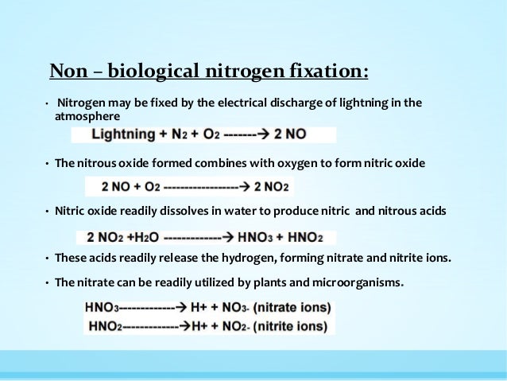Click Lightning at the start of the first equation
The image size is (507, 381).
[122, 134]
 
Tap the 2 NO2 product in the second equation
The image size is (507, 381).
[272, 188]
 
